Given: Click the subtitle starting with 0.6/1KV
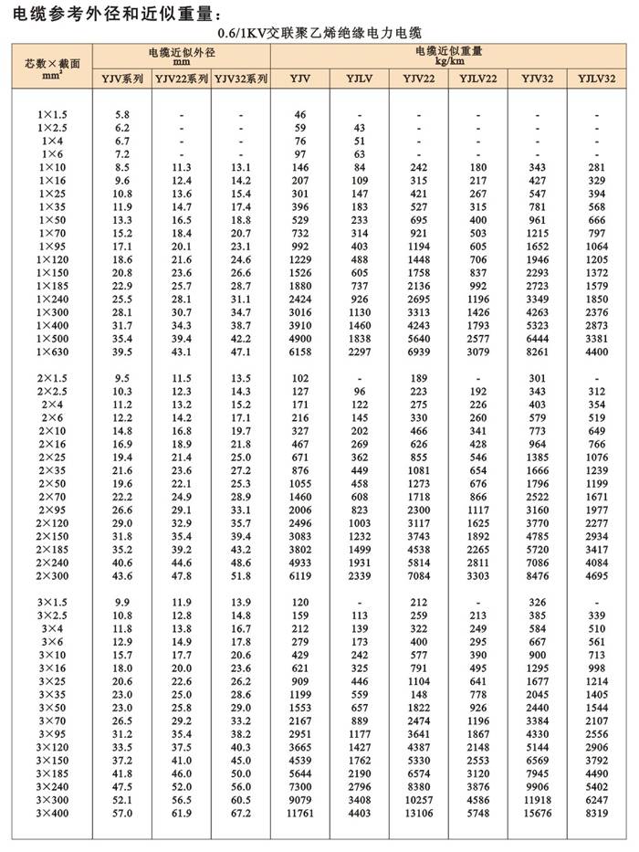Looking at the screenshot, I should [x=319, y=33].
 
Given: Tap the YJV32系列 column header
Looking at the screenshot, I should [x=241, y=80].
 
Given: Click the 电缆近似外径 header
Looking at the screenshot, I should [x=181, y=58].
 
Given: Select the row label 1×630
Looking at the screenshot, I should [x=53, y=352].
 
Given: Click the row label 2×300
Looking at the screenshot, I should [x=53, y=577].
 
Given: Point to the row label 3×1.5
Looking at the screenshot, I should [x=53, y=604].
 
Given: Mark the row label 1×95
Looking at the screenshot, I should [x=53, y=247].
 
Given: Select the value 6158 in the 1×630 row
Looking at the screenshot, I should [x=300, y=352].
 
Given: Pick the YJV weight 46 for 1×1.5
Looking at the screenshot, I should [x=300, y=115].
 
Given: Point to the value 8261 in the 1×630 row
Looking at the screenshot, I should [x=536, y=352].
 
